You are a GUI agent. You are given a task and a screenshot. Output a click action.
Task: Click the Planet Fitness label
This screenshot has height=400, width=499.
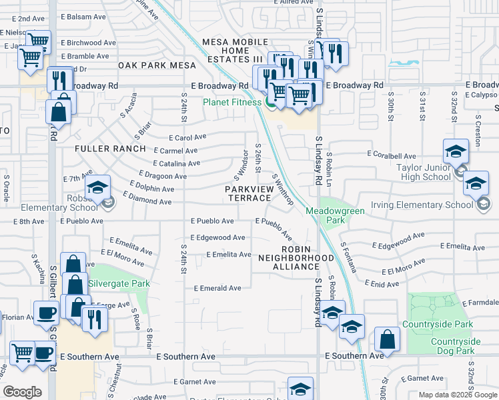click(233, 102)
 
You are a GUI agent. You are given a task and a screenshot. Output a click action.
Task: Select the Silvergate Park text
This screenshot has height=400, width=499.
click(119, 283)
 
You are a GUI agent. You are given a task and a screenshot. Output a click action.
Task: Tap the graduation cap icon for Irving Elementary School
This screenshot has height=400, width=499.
click(476, 183)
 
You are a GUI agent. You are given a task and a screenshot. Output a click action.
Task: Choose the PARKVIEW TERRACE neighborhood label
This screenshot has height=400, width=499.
click(248, 194)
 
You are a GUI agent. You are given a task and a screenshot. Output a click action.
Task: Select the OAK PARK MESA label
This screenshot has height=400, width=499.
click(157, 65)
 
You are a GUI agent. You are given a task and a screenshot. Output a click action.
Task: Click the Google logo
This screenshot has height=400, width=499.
click(22, 392)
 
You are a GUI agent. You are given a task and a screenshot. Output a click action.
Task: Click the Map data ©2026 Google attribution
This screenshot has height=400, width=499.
click(457, 395)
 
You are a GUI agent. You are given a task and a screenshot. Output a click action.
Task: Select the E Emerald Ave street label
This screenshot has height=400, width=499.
click(217, 288)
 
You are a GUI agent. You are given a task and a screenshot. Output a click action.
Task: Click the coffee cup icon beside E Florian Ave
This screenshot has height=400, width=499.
click(46, 312)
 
